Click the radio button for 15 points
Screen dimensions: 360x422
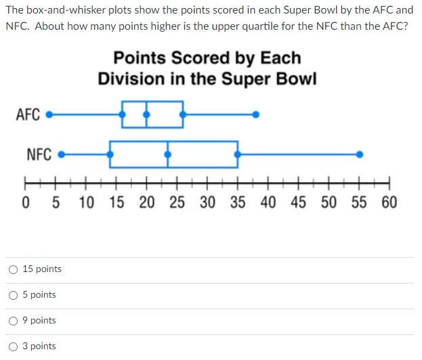[14, 269]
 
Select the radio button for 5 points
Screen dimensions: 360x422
[14, 295]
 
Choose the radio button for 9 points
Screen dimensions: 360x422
[14, 321]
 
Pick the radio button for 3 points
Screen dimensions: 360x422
[14, 346]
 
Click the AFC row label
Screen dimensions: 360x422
[28, 114]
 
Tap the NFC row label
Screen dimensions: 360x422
[39, 154]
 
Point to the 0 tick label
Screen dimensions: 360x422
[26, 202]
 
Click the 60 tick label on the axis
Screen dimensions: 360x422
[389, 202]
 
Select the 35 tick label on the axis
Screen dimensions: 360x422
[237, 202]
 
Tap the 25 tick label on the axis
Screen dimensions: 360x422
[177, 202]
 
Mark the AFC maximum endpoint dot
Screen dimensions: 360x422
[255, 114]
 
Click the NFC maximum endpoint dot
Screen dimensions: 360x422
[360, 154]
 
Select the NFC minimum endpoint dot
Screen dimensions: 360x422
[62, 154]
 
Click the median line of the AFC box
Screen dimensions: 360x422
[146, 114]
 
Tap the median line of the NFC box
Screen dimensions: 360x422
[168, 154]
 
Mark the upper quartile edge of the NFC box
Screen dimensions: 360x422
[237, 154]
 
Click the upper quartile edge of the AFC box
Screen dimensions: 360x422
[182, 114]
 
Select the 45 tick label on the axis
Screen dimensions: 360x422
[298, 202]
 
